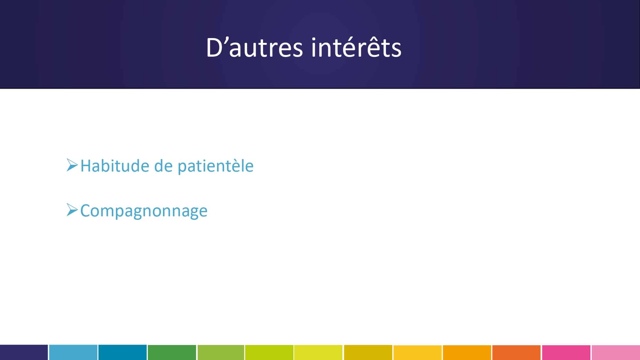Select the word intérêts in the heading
tap(356, 47)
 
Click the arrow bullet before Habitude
tap(72, 165)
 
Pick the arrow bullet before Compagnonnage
tap(72, 210)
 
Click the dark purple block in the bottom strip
tap(24, 352)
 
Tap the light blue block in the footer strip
tap(73, 352)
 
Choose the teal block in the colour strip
tap(123, 352)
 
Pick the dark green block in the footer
tap(172, 352)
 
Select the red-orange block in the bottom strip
tap(516, 352)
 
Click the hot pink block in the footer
tap(566, 352)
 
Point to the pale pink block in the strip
tap(616, 352)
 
